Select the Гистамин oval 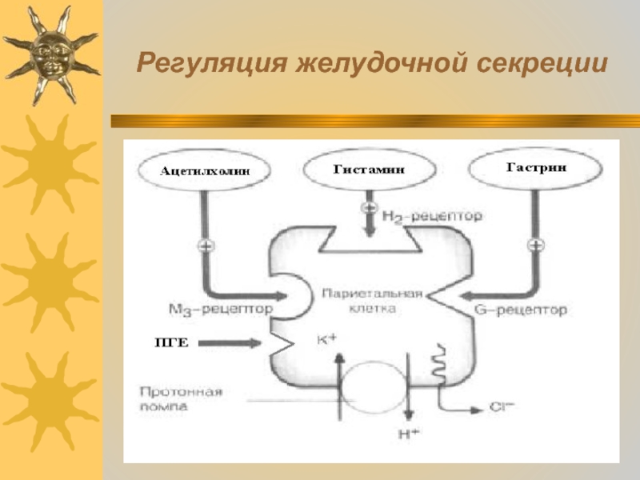[x=369, y=170]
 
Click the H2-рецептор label [x=432, y=216]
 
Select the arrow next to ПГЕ [x=228, y=343]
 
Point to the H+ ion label [x=408, y=434]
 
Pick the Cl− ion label [x=502, y=407]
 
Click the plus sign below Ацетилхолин [x=206, y=245]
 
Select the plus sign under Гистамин [x=370, y=206]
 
